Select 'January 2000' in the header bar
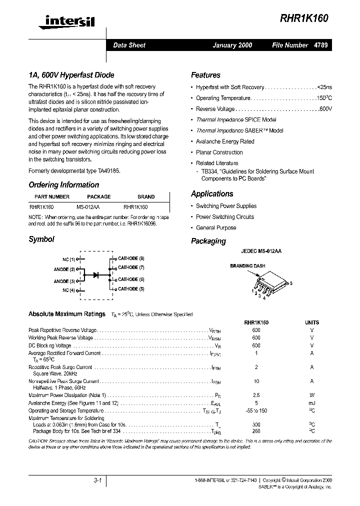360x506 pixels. [x=232, y=45]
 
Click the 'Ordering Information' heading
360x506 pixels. [x=63, y=185]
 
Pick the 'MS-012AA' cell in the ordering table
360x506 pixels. [x=88, y=206]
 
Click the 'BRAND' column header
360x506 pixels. [x=146, y=196]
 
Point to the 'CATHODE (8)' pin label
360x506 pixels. [x=131, y=258]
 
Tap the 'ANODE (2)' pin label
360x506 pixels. [x=64, y=269]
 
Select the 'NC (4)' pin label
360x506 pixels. [x=69, y=290]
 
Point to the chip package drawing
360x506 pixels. [x=267, y=285]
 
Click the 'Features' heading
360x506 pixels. [x=205, y=75]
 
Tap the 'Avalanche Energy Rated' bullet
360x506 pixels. [x=225, y=141]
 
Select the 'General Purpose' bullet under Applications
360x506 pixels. [x=216, y=228]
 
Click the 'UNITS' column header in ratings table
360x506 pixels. [x=312, y=323]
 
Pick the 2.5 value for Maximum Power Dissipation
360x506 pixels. [x=256, y=395]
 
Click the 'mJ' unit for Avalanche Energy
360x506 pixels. [x=312, y=402]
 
